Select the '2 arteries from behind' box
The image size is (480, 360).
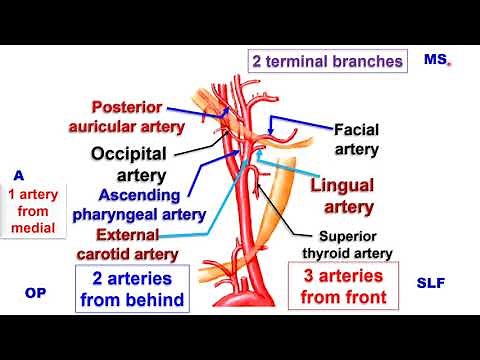point(131,288)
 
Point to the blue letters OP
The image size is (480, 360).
point(35,294)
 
